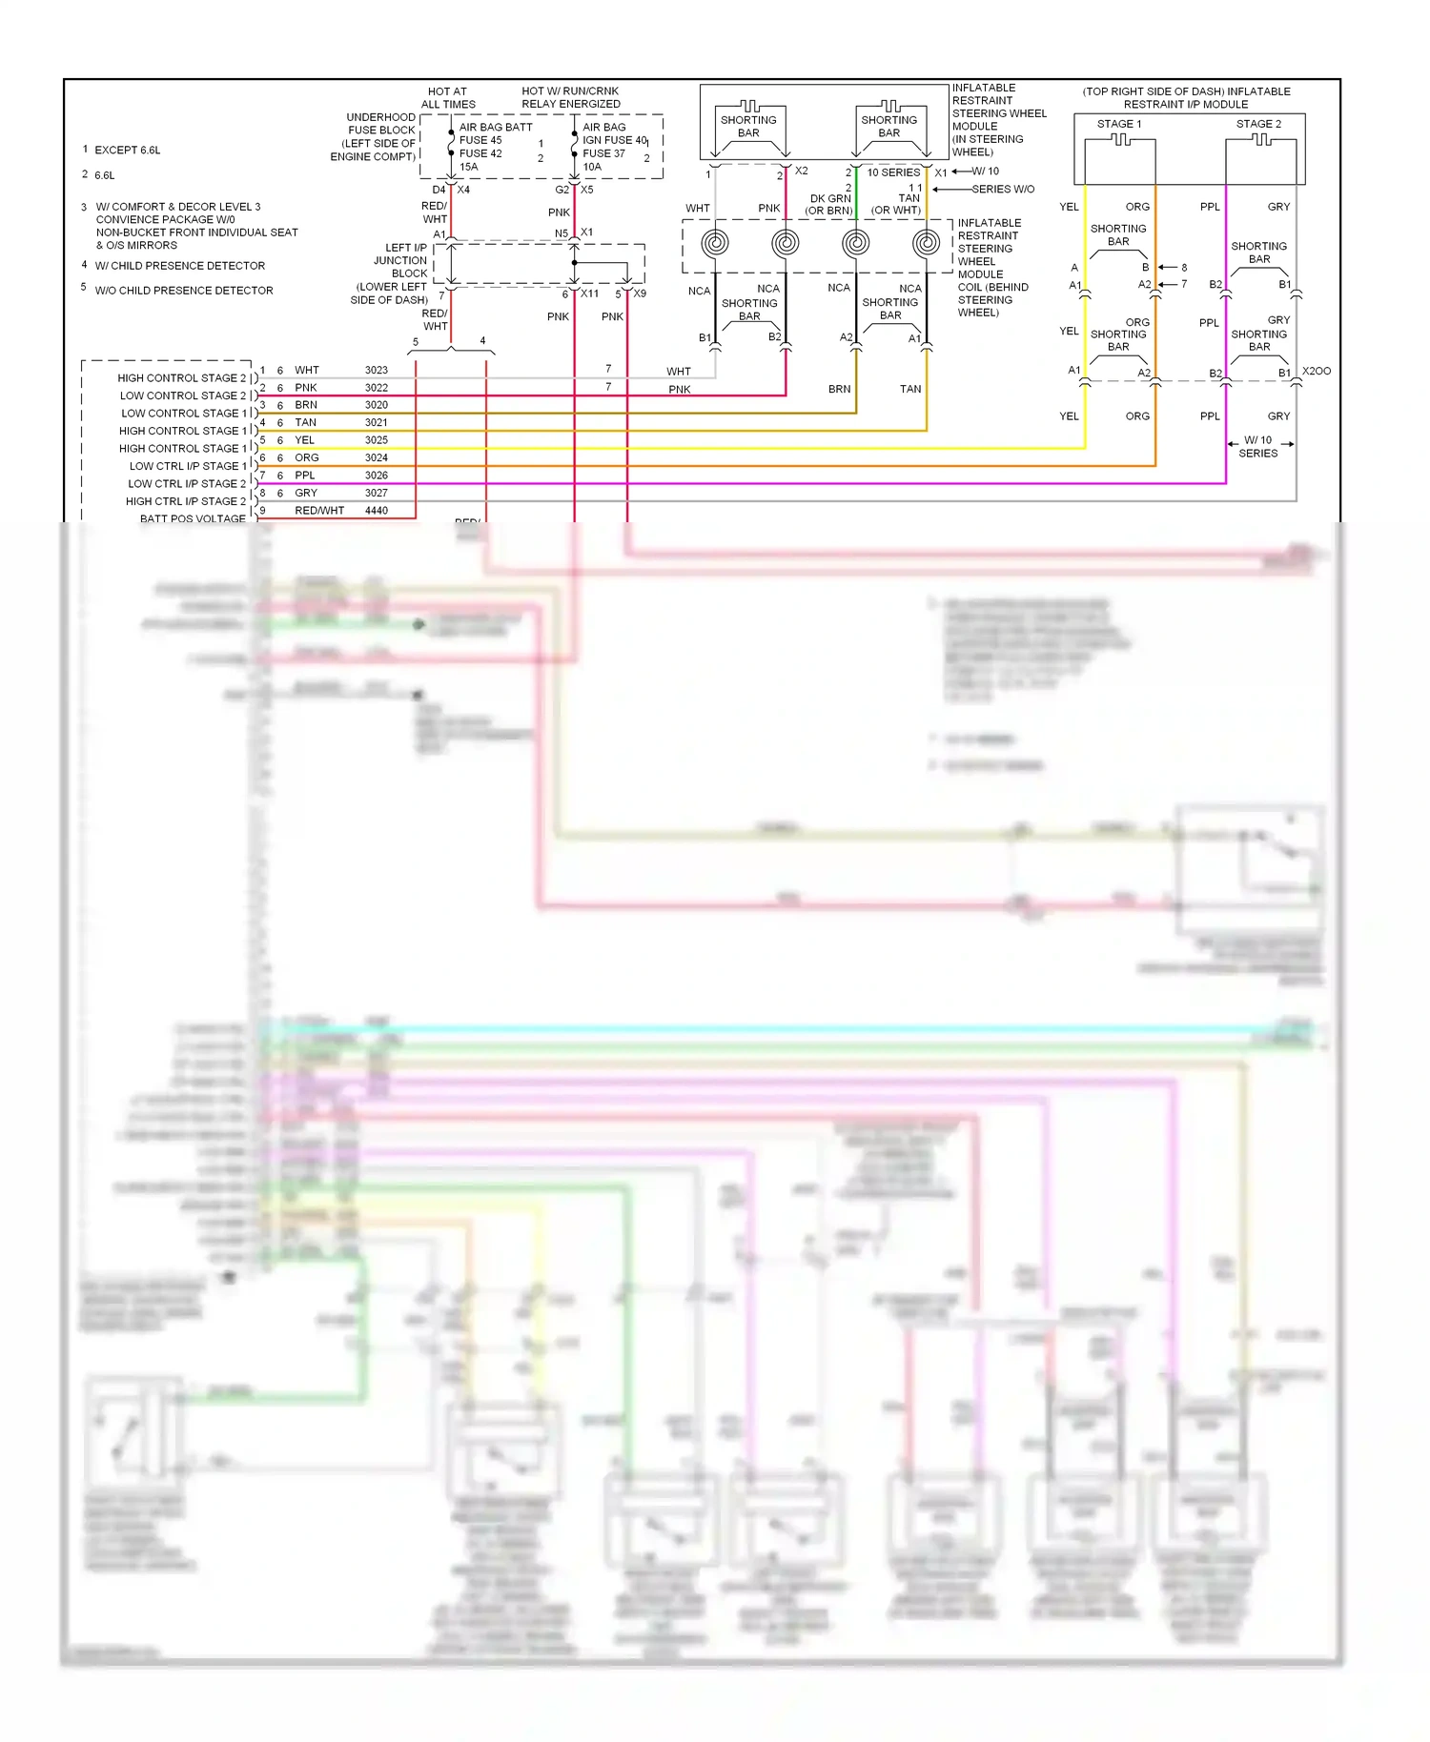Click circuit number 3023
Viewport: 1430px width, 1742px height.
[x=376, y=370]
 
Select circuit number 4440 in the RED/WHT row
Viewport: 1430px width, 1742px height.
[x=376, y=511]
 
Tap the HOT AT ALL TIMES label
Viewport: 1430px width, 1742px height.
[x=448, y=98]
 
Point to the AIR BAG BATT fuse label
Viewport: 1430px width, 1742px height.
[x=496, y=127]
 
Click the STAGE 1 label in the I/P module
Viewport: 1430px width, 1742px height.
[x=1118, y=124]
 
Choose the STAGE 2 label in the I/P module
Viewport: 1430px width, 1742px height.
[x=1258, y=124]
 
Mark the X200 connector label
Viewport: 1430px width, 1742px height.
[x=1317, y=371]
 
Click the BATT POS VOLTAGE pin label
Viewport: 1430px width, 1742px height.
[x=193, y=518]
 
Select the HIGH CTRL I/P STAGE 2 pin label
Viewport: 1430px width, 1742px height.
[x=186, y=501]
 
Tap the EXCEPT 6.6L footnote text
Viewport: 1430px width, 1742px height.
[x=128, y=151]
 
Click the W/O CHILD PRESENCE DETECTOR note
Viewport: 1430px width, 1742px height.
[x=184, y=291]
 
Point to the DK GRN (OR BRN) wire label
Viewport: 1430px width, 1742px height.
[x=828, y=205]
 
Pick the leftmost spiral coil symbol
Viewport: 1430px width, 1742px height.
[x=715, y=243]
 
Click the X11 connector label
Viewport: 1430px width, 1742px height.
[x=590, y=294]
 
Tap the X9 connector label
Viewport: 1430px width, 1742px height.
[x=640, y=294]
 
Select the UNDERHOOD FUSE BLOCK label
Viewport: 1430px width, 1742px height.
[x=380, y=124]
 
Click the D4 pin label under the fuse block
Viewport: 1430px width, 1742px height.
[x=439, y=190]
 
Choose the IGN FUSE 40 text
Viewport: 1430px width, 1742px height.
[x=614, y=140]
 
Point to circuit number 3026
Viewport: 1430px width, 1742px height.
[x=376, y=476]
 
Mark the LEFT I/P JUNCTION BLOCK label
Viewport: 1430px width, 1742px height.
[x=400, y=260]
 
